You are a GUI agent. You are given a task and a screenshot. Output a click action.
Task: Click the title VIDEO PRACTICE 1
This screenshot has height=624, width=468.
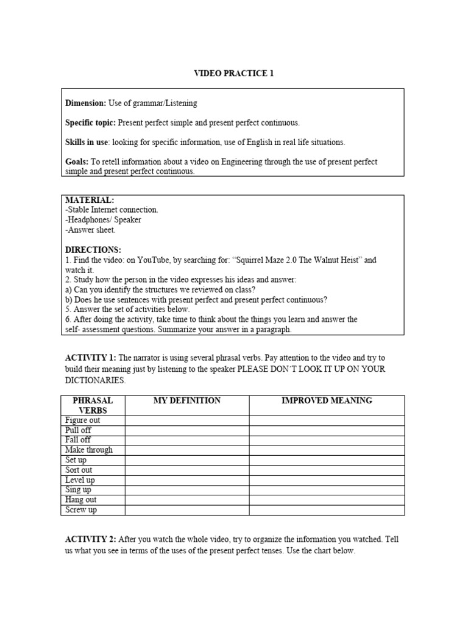(234, 74)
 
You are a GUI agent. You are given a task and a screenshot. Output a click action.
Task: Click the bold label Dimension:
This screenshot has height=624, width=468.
(85, 104)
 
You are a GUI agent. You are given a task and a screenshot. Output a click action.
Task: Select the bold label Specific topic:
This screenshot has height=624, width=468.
(90, 123)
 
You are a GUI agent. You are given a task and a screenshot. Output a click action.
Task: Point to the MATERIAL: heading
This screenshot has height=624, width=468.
(90, 200)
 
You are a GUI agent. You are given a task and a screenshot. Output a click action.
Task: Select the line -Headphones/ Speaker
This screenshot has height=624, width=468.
(103, 220)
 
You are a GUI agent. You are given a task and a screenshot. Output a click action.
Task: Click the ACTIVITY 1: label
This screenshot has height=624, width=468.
(91, 358)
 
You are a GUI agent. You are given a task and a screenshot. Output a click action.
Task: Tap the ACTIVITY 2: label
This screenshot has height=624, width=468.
(91, 540)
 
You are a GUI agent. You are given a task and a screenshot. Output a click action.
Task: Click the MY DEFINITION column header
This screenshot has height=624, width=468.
(187, 401)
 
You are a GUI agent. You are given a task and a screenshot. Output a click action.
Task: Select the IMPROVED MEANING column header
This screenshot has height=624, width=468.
(327, 401)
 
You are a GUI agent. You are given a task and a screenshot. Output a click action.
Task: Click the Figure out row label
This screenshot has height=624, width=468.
(83, 420)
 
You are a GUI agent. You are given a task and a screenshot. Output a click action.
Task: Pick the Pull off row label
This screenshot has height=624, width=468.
(78, 430)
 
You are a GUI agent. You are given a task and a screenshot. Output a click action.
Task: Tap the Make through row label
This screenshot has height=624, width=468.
(89, 450)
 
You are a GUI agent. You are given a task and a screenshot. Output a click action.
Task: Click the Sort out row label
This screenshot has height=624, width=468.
(79, 470)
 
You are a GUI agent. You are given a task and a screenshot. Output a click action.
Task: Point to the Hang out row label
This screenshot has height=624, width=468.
(81, 500)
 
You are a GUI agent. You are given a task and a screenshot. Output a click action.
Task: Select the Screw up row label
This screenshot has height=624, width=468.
(81, 510)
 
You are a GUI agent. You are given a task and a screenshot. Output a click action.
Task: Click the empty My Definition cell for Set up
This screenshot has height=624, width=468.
(187, 460)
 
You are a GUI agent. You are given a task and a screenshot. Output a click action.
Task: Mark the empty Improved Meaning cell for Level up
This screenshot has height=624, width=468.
(327, 480)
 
